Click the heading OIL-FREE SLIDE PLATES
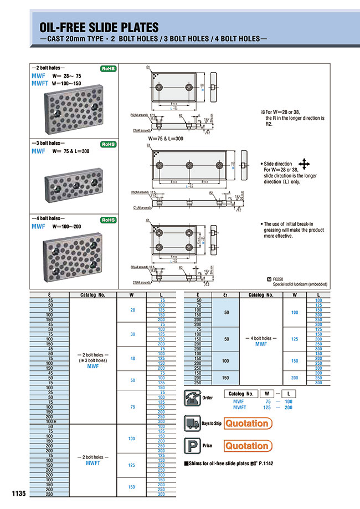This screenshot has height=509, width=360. coord(99,27)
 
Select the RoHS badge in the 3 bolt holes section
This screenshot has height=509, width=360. coord(107,144)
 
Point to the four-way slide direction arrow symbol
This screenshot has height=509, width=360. coord(304,164)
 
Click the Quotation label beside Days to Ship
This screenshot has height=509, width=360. coord(247,424)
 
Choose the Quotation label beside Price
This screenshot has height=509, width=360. coord(247,446)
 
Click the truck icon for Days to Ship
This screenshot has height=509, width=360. coord(192,424)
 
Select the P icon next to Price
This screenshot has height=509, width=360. coord(192,446)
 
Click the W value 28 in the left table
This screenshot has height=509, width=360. coord(132,310)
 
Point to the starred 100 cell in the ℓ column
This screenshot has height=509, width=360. coord(49,422)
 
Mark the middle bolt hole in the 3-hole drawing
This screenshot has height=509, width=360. coord(189,165)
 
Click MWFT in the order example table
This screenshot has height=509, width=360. coord(239,407)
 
